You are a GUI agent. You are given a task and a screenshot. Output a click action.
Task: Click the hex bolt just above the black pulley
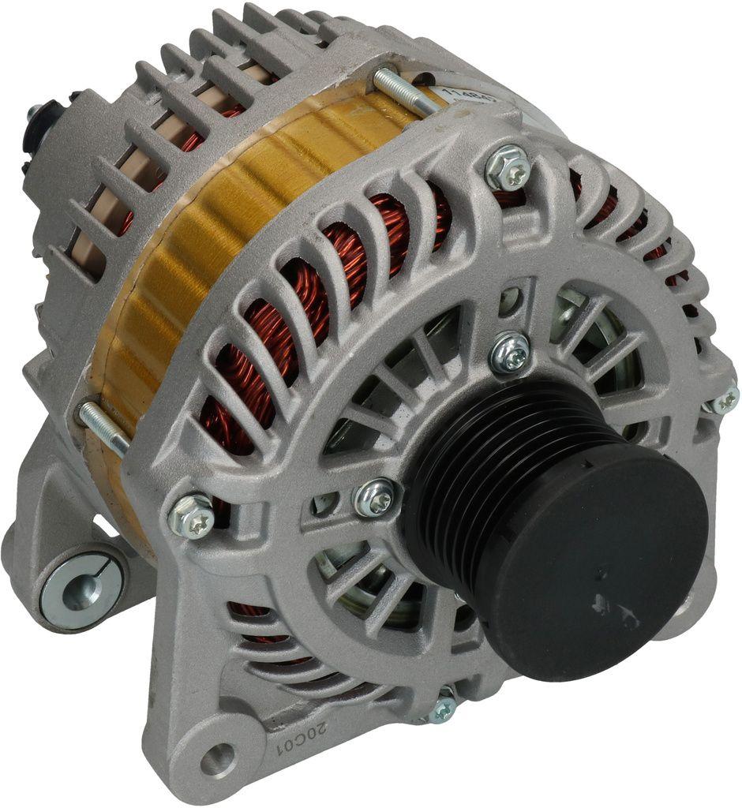tap(510, 354)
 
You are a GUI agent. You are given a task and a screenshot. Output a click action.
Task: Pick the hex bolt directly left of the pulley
tap(373, 497)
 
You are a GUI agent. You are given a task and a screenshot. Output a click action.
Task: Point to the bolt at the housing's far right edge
tap(722, 402)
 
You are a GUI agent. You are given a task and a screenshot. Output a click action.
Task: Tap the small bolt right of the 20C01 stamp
tap(443, 707)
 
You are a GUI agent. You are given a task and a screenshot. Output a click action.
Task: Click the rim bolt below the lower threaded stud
tap(192, 517)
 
